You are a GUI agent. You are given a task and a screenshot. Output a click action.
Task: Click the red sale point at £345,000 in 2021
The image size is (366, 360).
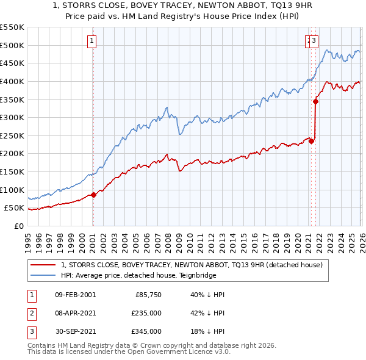tap(316, 101)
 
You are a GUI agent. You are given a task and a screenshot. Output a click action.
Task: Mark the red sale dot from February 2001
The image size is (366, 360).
tap(93, 195)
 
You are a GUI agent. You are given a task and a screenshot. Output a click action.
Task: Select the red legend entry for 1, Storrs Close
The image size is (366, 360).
tap(195, 265)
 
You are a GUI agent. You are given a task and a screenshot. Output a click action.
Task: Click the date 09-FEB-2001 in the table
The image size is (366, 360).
tap(75, 295)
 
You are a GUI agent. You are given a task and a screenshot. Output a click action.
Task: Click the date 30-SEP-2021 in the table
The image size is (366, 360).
tap(75, 331)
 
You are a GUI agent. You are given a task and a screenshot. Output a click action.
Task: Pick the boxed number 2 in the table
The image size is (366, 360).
tap(30, 313)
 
